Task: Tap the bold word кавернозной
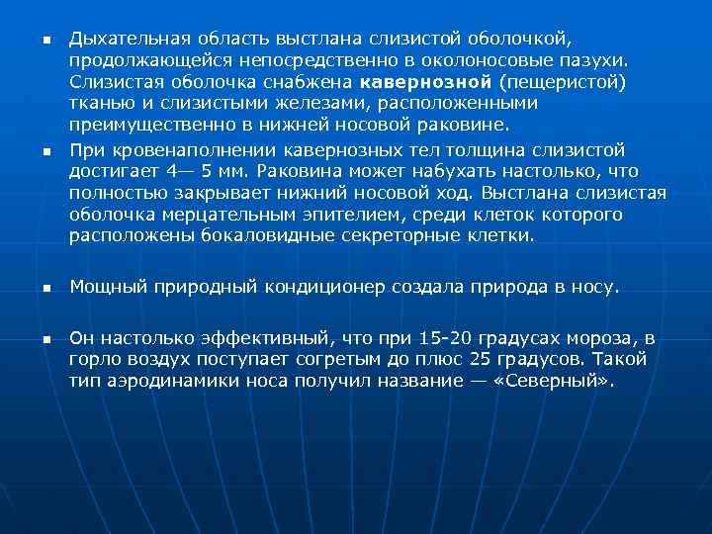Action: pos(427,82)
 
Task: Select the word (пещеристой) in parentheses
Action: pos(564,82)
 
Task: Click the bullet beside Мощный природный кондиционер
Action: pos(45,289)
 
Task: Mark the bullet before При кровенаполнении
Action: pos(45,150)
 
